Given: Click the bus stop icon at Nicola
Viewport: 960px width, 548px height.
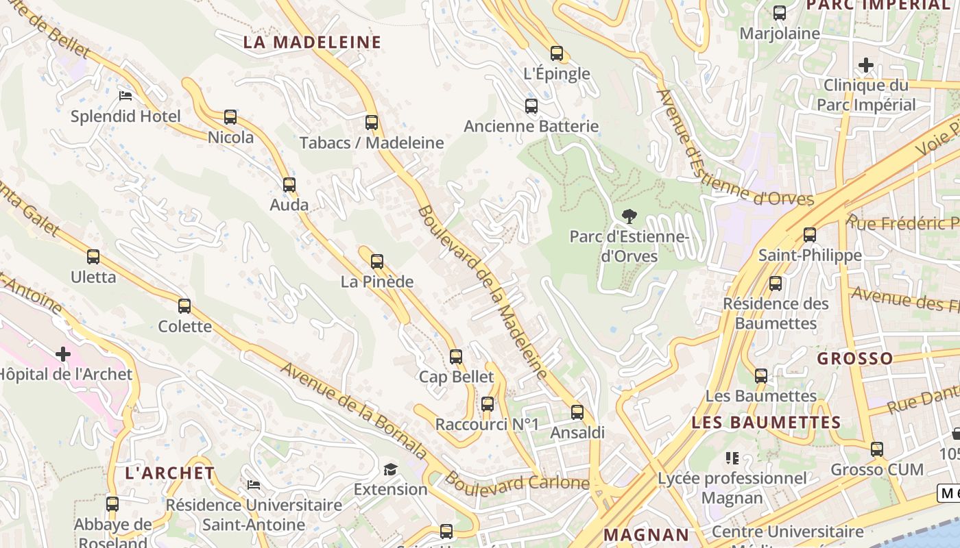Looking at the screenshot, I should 230,117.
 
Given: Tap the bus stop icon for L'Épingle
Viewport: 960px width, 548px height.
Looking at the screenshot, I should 557,53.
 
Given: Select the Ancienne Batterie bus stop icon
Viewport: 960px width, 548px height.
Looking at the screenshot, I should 531,106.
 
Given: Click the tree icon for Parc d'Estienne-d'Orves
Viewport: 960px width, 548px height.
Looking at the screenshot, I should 629,216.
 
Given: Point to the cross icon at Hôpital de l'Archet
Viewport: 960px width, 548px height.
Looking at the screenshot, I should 63,354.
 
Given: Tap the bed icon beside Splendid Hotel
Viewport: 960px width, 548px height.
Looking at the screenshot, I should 125,96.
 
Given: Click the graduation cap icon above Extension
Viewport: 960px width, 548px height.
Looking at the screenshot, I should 390,469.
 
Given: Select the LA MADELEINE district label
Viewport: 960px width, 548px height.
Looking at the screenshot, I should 312,42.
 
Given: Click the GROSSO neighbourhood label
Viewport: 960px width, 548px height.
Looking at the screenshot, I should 854,358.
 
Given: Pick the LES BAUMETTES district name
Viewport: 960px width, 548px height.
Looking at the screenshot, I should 766,423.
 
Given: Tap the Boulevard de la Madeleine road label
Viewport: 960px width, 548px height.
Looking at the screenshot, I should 483,291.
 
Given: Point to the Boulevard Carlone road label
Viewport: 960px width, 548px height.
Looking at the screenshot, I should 517,482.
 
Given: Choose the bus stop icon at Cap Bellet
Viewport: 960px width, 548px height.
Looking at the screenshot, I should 456,357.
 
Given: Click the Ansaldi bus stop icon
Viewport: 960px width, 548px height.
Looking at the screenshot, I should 577,412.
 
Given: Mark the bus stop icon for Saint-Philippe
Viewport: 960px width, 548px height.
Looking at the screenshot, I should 810,235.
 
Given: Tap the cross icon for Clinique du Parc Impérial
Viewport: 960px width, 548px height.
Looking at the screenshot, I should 866,66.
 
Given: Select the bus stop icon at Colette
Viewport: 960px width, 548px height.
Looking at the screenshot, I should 184,306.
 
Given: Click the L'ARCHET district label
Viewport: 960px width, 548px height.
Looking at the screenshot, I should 170,473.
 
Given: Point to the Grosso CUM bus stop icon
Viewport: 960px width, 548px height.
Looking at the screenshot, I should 877,450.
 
